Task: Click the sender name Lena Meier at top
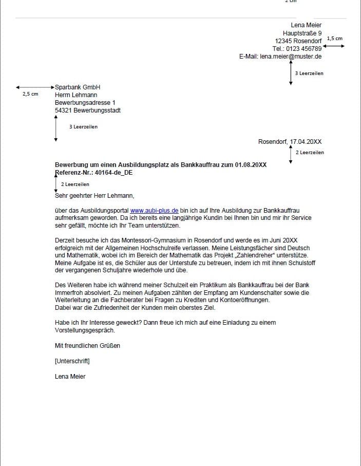click(306, 25)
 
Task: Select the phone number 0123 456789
click(303, 49)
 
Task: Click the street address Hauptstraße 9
click(302, 33)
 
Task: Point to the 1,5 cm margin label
click(334, 39)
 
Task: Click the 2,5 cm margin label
click(30, 94)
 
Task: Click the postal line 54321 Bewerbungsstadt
click(88, 110)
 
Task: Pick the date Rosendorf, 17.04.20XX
click(290, 141)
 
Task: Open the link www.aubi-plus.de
click(154, 211)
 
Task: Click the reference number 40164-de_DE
click(110, 173)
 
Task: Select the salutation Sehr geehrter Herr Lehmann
click(94, 195)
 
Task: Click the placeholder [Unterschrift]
click(72, 361)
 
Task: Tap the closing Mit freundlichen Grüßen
click(87, 346)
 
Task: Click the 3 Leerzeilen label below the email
click(309, 73)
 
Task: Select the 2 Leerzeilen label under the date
click(310, 153)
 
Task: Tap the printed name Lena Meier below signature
click(70, 377)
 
